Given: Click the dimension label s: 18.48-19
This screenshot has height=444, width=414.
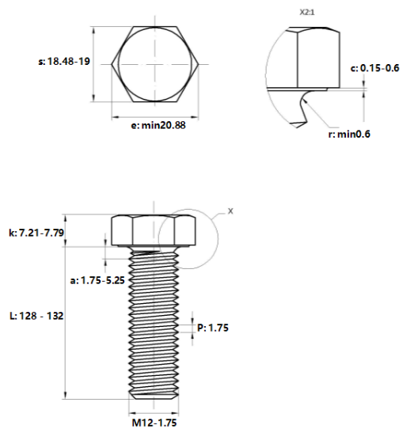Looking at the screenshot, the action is click(64, 61).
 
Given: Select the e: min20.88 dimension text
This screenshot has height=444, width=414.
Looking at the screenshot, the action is click(158, 125).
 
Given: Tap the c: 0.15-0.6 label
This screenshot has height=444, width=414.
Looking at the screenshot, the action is click(374, 68).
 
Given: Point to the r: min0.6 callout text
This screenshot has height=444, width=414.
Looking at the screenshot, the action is click(349, 134).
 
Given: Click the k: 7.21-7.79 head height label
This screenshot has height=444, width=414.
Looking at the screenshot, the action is click(36, 233).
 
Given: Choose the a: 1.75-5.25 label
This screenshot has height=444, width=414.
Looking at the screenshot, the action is click(97, 280).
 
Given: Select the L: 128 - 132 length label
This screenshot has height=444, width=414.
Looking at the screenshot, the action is click(36, 316).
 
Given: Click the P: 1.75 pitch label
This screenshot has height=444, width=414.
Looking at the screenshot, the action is click(213, 328).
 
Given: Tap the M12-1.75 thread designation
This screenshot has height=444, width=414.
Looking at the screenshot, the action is click(154, 423).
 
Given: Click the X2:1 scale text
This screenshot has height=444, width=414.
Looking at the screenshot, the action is click(307, 13).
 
